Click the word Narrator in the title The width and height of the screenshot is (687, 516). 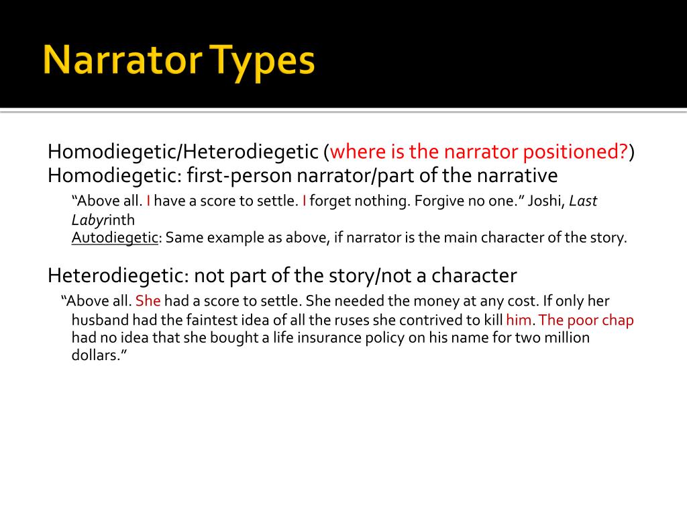[120, 61]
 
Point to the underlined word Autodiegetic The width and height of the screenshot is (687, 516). [115, 238]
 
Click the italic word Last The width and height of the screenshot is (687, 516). [583, 201]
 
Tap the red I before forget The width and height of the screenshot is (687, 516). [305, 201]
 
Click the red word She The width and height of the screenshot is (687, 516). [148, 301]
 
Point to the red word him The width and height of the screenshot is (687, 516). [519, 320]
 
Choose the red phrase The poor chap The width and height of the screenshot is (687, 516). [586, 320]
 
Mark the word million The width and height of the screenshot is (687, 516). [565, 338]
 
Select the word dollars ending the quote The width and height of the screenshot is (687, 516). [97, 356]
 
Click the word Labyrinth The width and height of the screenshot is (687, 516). [103, 220]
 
